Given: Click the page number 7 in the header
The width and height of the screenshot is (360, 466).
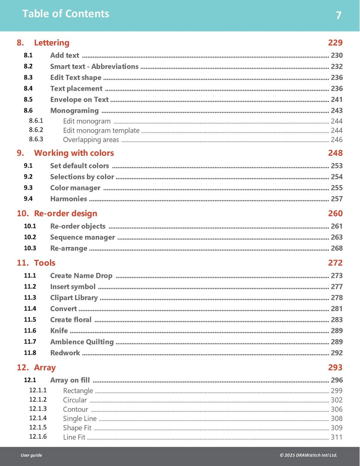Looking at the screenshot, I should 339,15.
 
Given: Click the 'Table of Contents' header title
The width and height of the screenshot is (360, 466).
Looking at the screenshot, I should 66,14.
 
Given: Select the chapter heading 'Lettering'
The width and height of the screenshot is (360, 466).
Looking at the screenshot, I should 52,43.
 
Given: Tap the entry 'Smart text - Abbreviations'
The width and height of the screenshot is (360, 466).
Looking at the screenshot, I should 94,66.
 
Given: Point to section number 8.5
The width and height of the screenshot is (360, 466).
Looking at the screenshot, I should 28,99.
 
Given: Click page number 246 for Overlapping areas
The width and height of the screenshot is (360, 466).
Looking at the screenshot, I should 336,140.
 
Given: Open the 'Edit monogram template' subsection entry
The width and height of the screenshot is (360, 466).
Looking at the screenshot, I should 101,130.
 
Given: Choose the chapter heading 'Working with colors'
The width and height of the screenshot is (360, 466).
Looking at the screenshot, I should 74,153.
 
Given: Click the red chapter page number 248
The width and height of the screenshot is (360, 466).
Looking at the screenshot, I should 335,153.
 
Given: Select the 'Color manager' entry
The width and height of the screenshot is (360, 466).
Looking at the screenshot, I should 75,188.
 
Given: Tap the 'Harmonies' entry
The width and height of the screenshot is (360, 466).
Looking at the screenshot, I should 69,199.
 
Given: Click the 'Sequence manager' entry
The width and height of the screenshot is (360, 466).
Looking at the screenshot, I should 83,238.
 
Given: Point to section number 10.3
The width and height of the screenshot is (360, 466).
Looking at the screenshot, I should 30,248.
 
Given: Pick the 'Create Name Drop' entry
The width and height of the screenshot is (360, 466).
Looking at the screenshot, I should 81,276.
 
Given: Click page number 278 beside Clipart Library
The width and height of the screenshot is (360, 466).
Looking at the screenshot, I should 336,298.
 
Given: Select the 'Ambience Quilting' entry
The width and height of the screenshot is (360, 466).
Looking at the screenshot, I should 82,342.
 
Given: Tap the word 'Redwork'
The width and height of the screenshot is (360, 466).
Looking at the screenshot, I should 65,353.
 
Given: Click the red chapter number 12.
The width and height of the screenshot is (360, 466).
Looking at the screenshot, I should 22,368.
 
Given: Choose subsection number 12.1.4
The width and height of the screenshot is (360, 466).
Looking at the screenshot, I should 38,418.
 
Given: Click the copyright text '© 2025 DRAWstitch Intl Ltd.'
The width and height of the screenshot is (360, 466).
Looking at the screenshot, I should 308,455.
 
